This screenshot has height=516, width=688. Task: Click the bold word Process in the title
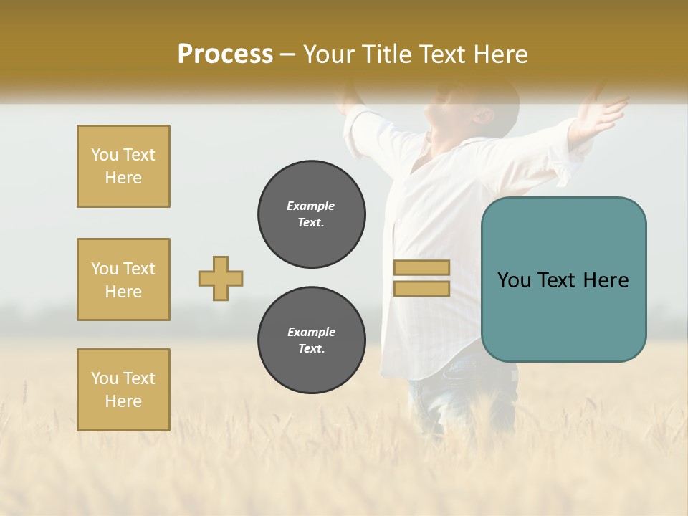click(225, 54)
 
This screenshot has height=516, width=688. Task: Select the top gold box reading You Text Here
click(123, 166)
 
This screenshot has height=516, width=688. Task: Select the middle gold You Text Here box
click(123, 279)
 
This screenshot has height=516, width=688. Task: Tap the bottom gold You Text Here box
click(123, 390)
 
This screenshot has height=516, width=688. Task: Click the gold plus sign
click(221, 278)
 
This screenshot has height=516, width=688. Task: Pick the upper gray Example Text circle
click(312, 214)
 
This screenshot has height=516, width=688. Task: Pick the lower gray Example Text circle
click(312, 340)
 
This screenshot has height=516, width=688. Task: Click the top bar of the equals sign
click(421, 268)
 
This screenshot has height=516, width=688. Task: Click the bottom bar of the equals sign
click(421, 288)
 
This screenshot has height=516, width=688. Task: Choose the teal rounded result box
click(563, 279)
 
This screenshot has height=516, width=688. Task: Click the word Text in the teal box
click(563, 280)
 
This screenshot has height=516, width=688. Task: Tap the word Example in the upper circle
click(311, 206)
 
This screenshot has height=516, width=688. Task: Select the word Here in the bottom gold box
click(123, 401)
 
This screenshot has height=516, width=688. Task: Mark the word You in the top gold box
click(105, 155)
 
